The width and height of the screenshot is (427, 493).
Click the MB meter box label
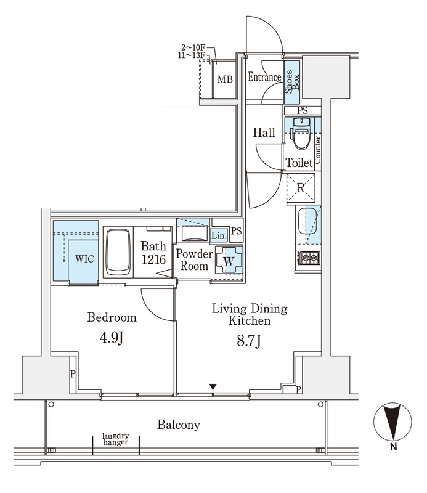225,79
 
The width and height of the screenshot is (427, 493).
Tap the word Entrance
264,77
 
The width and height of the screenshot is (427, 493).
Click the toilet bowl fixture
301,136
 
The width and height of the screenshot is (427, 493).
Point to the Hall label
264,132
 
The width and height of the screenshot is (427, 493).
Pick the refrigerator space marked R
301,188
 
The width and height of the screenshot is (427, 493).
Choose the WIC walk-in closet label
84,259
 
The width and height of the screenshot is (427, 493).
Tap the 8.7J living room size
250,341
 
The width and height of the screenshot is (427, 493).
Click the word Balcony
179,425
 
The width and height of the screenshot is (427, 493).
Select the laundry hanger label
115,440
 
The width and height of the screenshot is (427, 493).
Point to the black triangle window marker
213,386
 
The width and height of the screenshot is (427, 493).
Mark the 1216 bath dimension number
153,259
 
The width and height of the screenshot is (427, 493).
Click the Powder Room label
194,259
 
